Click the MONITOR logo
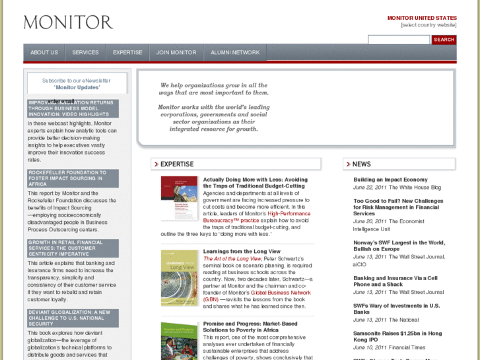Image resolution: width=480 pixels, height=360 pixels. coord(68,22)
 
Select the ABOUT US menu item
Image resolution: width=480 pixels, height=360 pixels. coord(44,53)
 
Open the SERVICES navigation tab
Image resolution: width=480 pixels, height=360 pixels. coord(85,53)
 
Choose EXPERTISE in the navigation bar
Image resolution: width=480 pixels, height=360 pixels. coord(127,53)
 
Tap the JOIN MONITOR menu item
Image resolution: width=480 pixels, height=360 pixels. coord(176,53)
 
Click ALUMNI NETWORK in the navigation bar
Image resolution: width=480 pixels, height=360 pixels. coord(235,53)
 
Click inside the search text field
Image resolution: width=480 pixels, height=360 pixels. coord(398,40)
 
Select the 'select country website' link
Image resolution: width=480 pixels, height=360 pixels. coord(429,25)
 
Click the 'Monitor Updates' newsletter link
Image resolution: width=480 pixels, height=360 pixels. coord(77,87)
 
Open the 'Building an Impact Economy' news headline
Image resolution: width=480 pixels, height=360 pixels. coord(390,180)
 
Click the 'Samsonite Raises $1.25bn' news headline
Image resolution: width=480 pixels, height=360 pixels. coord(397,334)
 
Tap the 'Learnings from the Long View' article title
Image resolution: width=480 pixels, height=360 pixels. coord(242,252)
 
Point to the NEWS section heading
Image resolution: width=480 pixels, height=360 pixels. coord(362,164)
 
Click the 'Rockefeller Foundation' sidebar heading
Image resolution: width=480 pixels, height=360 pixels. coord(73,178)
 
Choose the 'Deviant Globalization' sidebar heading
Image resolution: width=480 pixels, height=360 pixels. coord(73,318)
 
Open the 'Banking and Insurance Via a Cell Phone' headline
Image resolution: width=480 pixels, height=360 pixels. coord(395,281)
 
